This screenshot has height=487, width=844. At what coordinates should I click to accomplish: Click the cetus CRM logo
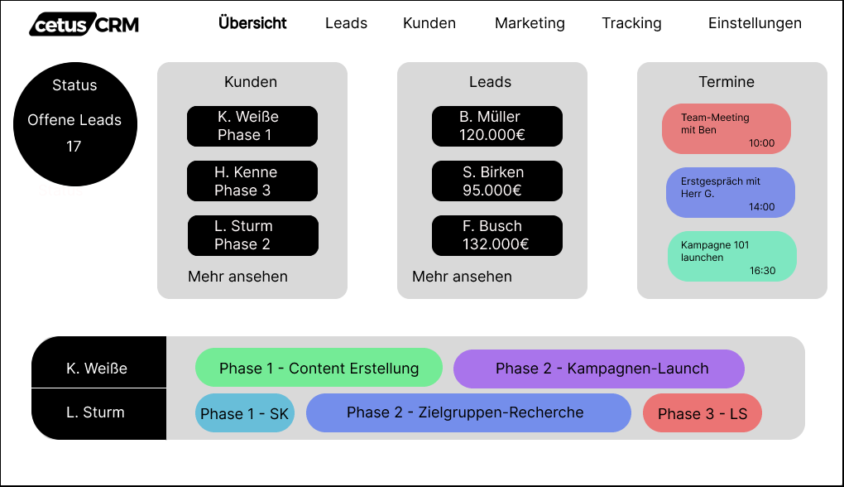(84, 25)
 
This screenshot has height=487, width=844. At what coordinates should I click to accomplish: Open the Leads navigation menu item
(346, 23)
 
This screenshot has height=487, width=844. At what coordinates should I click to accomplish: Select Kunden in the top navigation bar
(429, 23)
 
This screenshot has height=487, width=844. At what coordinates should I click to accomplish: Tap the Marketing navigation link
(530, 23)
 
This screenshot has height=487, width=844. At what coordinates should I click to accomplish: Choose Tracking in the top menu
(631, 23)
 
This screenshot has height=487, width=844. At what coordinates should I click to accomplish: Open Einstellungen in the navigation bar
(755, 23)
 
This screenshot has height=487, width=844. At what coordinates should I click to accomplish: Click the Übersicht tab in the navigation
(252, 23)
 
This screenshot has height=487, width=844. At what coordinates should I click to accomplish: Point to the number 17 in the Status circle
(74, 147)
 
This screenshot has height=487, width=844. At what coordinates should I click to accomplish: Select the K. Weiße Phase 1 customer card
(252, 126)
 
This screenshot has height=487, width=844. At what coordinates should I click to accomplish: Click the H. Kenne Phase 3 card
(252, 181)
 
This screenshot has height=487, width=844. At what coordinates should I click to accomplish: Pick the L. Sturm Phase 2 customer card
(252, 235)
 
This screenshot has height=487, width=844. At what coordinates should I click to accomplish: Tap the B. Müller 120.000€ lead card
(496, 126)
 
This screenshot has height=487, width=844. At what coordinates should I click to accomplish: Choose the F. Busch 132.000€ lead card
(496, 235)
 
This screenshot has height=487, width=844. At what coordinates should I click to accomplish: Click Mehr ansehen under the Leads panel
(462, 277)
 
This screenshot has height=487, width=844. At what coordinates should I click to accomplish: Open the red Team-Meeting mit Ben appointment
(726, 128)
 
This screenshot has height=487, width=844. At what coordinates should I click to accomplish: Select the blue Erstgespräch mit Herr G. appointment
(730, 192)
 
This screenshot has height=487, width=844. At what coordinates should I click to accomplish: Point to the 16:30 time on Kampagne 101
(762, 270)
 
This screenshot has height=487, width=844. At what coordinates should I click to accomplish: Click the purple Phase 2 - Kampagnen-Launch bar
(598, 369)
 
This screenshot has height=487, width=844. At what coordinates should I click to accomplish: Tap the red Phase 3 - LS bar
(702, 413)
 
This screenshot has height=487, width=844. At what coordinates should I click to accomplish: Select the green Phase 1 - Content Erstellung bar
(319, 369)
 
